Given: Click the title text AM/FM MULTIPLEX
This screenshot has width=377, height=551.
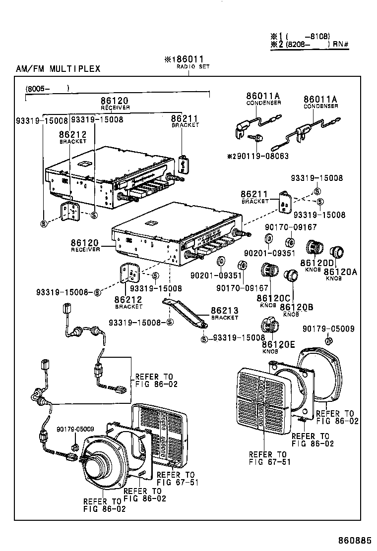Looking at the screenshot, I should (58, 68).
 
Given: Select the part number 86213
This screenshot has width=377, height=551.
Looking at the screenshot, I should (225, 311).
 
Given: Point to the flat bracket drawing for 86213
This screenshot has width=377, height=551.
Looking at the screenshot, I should (186, 313).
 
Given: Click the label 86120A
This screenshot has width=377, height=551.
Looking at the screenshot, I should (340, 272).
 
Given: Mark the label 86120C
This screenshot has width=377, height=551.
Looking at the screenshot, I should (273, 298).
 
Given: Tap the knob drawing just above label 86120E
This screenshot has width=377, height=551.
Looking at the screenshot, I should (269, 326).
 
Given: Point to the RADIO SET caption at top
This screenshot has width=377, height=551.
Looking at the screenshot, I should (193, 66).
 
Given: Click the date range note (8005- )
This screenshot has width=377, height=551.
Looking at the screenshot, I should (47, 88).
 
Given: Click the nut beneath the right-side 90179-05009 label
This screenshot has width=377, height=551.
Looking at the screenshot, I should (328, 340).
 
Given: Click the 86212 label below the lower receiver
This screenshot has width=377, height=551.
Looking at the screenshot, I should (128, 299).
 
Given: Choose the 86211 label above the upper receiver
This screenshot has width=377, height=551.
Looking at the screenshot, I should (185, 118).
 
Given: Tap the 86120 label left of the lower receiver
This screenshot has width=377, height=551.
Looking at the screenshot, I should (85, 243).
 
